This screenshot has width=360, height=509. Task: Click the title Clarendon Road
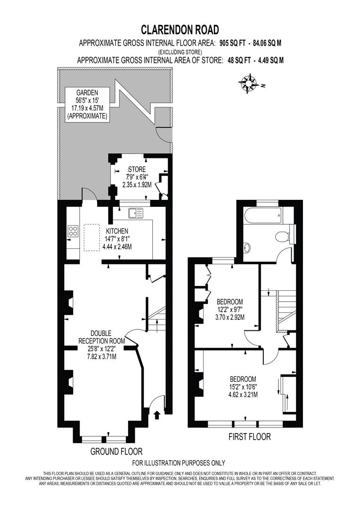[180, 30]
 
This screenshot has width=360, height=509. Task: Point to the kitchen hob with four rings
[74, 231]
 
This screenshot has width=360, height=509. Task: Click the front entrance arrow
[157, 415]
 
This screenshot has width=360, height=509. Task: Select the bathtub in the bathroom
[262, 218]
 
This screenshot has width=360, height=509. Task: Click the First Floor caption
[249, 437]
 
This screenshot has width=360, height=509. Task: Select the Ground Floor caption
[116, 452]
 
